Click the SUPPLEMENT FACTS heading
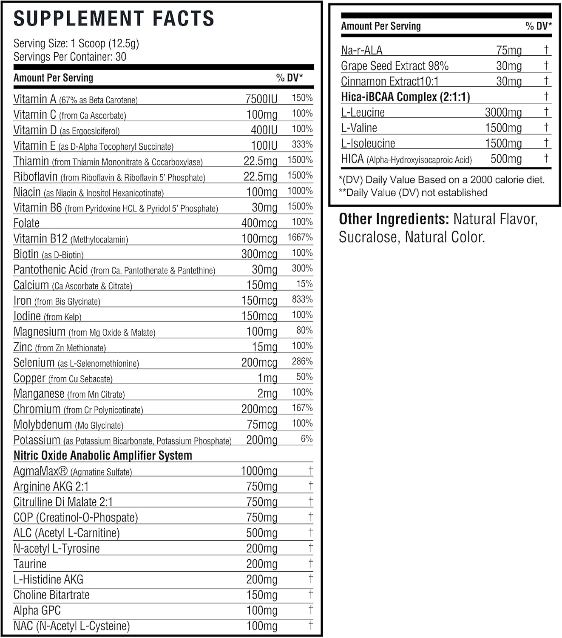114,19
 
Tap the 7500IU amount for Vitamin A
261,99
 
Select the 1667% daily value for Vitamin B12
300,237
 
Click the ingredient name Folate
26,223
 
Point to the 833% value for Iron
302,299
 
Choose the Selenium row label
34,363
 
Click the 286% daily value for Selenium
302,362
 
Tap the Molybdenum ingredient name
43,424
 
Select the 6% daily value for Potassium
307,439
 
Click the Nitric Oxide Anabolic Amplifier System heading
103,456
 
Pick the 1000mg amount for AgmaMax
259,471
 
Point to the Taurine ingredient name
30,564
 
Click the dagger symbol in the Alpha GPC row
311,610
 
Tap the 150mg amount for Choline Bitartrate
261,595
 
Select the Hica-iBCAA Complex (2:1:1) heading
406,97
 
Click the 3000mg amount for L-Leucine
503,112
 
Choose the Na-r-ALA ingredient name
362,51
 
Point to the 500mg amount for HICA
506,159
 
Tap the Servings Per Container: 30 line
70,57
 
